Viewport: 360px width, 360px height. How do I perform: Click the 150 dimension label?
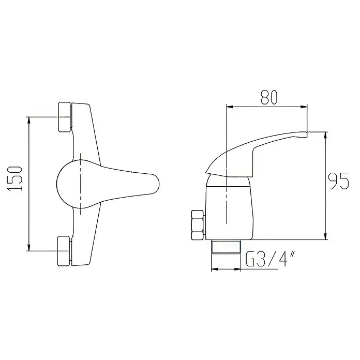(16, 178)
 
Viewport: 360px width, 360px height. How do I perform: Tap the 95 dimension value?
(339, 182)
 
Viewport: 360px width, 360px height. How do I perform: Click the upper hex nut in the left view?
(65, 117)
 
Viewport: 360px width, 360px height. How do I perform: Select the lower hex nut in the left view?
(64, 251)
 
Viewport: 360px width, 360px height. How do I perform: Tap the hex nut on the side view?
(198, 225)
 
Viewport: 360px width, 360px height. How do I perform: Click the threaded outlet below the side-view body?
(226, 247)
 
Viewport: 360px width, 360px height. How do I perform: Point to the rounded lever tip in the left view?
(156, 185)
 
